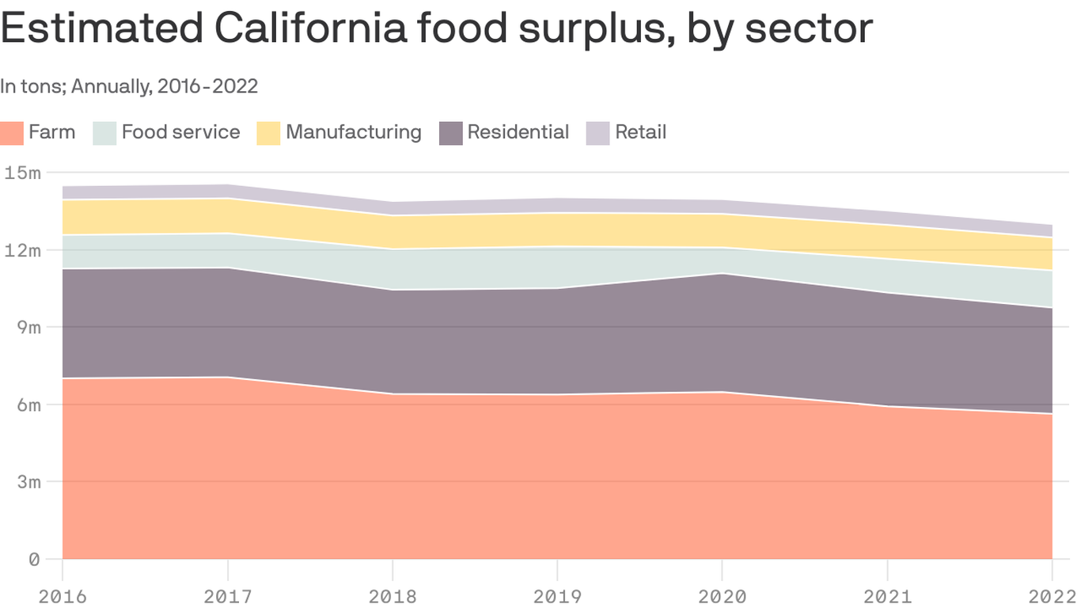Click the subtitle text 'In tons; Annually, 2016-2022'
[129, 86]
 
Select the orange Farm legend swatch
[12, 132]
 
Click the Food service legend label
[180, 131]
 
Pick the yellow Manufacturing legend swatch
[268, 132]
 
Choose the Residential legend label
[518, 131]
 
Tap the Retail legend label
[640, 131]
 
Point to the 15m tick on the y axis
[22, 173]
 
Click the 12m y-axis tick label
[22, 250]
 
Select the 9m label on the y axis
[27, 327]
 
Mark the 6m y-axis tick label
[27, 405]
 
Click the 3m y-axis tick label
[27, 482]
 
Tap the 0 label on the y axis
[34, 560]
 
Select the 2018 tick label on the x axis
[393, 596]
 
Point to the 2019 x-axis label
[557, 596]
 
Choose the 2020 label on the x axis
[723, 596]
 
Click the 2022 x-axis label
[1052, 596]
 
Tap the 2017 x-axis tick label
[228, 596]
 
